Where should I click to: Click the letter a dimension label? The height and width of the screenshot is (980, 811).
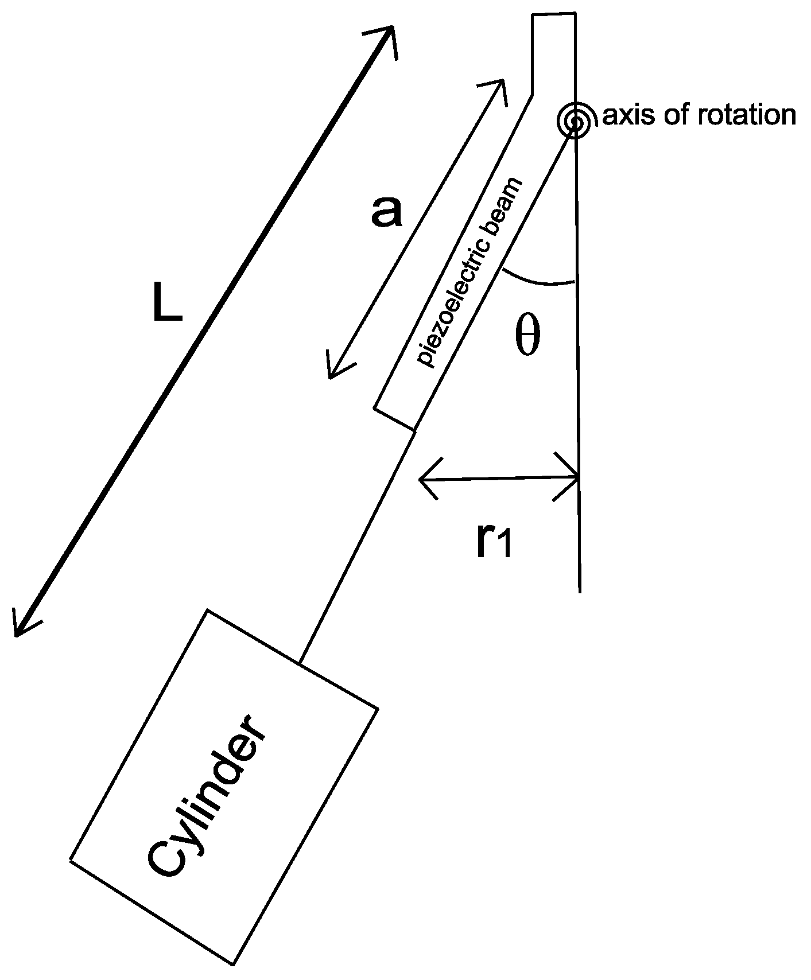pyautogui.click(x=386, y=212)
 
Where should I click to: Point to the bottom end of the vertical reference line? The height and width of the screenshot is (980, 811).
pyautogui.click(x=580, y=590)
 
